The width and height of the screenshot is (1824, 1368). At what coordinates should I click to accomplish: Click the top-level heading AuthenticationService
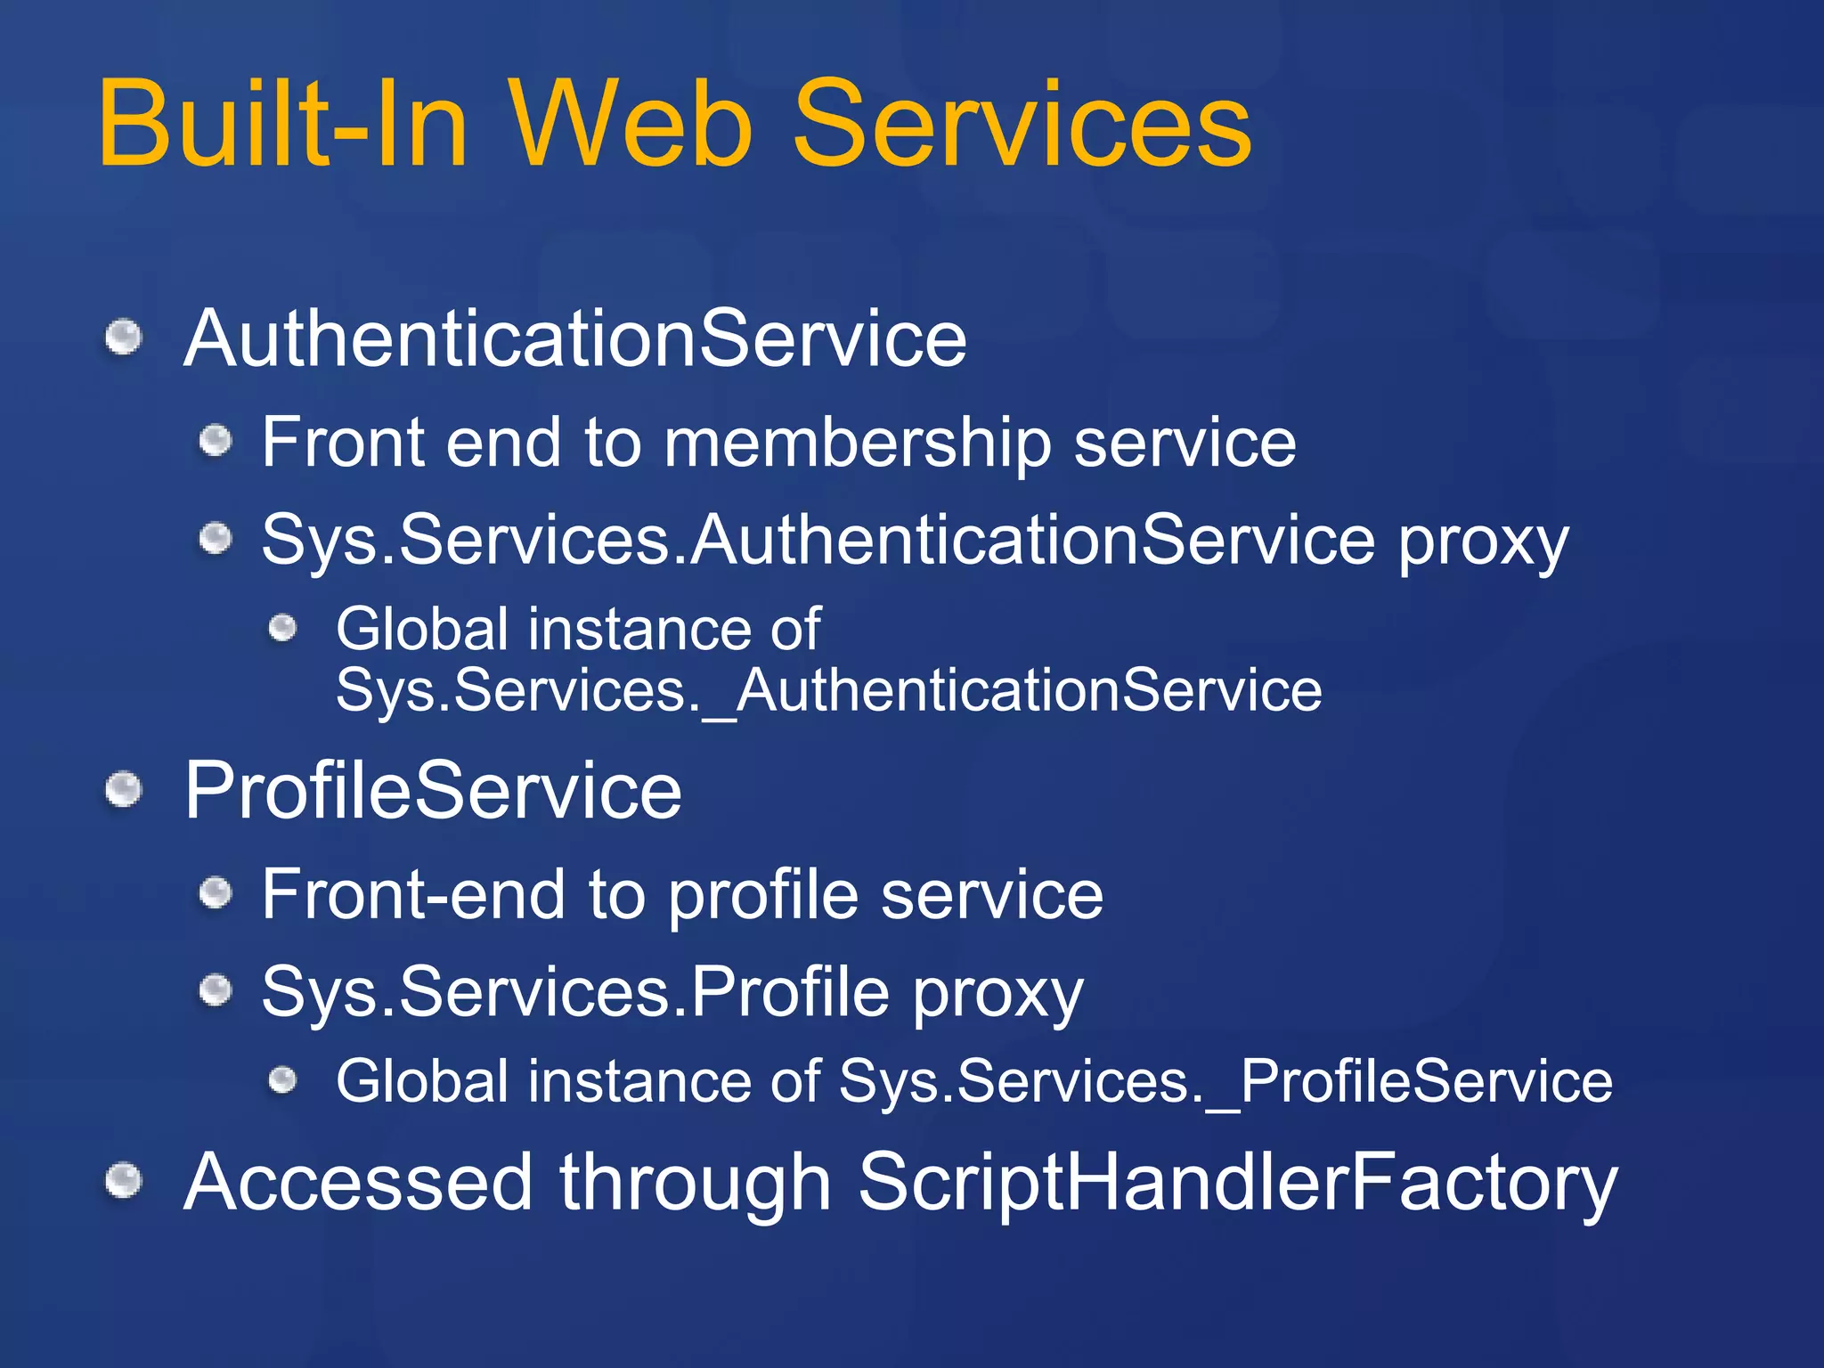click(x=574, y=338)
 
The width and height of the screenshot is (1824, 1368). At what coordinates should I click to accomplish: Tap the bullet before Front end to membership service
click(x=216, y=440)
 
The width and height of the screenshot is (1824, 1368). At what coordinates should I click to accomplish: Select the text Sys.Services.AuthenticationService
click(x=818, y=540)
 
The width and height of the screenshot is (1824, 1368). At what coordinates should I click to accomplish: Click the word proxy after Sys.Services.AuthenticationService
click(x=1483, y=543)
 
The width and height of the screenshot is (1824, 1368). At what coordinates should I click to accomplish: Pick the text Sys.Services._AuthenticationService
click(x=828, y=690)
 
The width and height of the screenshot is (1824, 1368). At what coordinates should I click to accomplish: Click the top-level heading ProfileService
click(x=433, y=790)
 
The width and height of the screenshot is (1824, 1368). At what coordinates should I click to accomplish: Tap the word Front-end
click(x=413, y=894)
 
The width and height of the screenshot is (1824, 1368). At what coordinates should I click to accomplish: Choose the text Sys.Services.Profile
click(x=575, y=992)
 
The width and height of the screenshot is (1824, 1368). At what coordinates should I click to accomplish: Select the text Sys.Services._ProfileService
click(x=1225, y=1081)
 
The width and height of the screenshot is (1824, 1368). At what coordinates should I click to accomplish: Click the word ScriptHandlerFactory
click(x=1237, y=1183)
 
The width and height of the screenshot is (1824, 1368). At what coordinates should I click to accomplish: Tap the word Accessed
click(x=358, y=1183)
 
